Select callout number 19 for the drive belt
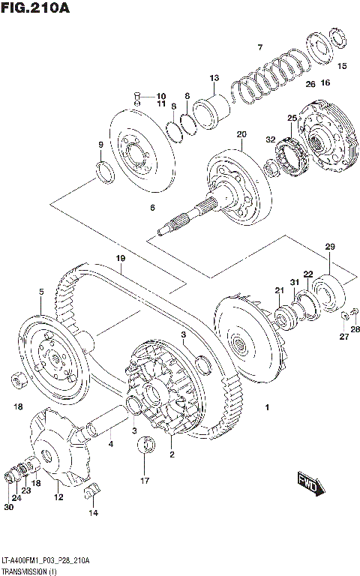pyautogui.click(x=119, y=258)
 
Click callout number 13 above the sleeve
pyautogui.click(x=214, y=78)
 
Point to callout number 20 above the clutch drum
pyautogui.click(x=241, y=135)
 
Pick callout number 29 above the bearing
pyautogui.click(x=329, y=247)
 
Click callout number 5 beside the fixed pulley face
pyautogui.click(x=41, y=292)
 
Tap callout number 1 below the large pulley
pyautogui.click(x=266, y=407)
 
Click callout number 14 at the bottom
pyautogui.click(x=94, y=513)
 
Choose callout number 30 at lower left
pyautogui.click(x=8, y=507)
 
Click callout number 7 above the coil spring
pyautogui.click(x=259, y=48)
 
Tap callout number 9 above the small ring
pyautogui.click(x=100, y=145)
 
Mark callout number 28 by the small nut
pyautogui.click(x=355, y=329)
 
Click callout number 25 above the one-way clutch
pyautogui.click(x=292, y=118)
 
